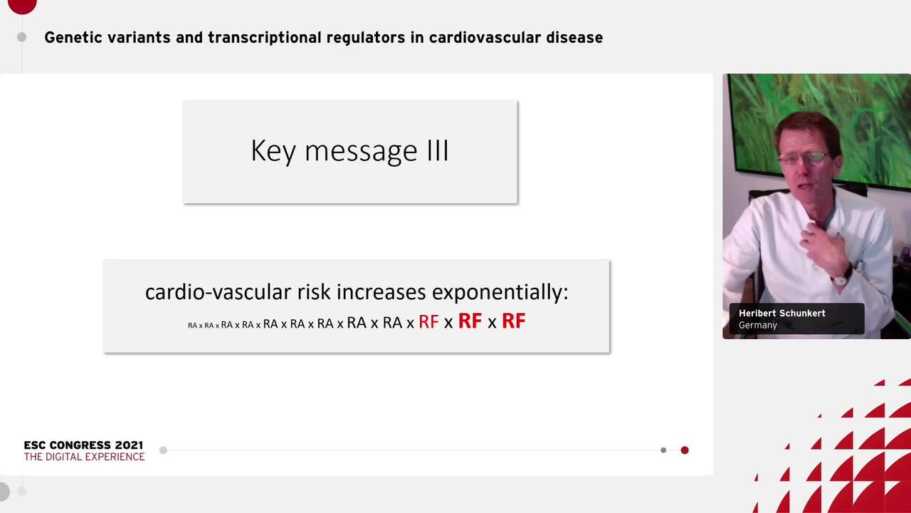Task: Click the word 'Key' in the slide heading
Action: click(x=273, y=151)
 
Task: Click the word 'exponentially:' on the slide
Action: click(x=500, y=292)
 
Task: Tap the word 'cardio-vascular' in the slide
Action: click(x=218, y=292)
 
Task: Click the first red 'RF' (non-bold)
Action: click(x=428, y=321)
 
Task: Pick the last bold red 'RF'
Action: click(x=514, y=321)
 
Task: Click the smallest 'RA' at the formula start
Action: click(x=192, y=326)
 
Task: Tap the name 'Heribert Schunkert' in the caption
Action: click(x=782, y=313)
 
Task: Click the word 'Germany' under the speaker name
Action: click(x=758, y=326)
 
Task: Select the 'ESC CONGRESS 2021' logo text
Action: click(x=83, y=445)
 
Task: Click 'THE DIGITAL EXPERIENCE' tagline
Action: click(x=84, y=457)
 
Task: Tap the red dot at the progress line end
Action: click(x=685, y=450)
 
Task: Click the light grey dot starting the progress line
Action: click(x=164, y=450)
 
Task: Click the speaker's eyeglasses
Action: click(x=804, y=158)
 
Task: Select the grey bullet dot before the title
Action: click(x=22, y=38)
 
